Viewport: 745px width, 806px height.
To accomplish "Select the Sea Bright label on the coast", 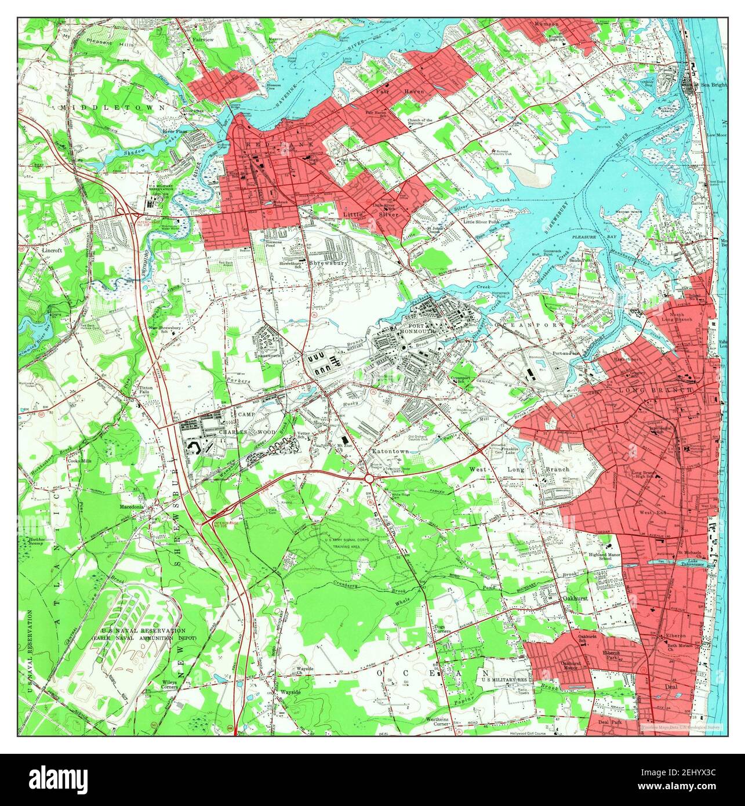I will tap(713, 85).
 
